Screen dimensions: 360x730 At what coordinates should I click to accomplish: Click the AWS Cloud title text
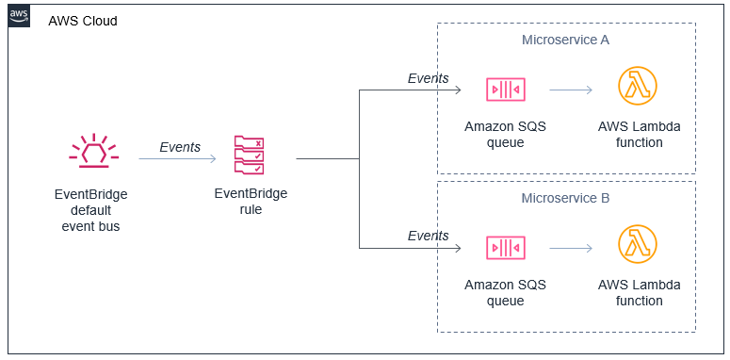tap(83, 21)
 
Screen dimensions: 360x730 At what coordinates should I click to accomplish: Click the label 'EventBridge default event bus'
tap(90, 209)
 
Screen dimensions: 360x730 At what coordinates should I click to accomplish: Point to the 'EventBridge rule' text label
tap(251, 202)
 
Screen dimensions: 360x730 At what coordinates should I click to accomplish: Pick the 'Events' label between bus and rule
tap(179, 147)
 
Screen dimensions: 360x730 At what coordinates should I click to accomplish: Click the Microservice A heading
tap(565, 40)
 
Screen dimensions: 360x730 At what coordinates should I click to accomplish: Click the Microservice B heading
tap(565, 198)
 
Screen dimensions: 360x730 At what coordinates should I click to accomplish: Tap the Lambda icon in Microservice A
tap(637, 87)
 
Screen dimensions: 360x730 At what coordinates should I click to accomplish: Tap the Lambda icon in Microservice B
tap(637, 245)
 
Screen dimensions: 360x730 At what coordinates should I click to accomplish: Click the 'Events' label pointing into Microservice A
tap(428, 78)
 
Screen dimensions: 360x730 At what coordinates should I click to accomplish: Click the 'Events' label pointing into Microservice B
tap(428, 236)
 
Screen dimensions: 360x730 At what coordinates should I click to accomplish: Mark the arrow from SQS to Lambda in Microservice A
tap(570, 90)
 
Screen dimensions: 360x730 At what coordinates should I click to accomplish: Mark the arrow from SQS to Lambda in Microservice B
tap(570, 249)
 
